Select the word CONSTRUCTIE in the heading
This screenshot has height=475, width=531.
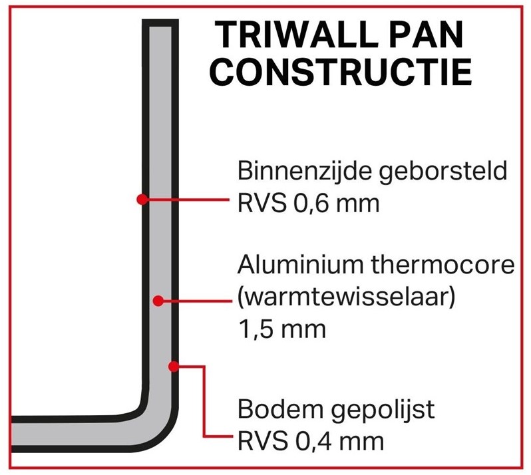click(340, 72)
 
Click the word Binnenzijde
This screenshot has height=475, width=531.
click(304, 171)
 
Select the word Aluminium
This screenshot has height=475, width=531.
click(299, 264)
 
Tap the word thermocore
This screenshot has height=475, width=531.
click(443, 264)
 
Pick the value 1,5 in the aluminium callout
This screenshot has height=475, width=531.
click(255, 329)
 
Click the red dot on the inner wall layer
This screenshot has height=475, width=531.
click(142, 200)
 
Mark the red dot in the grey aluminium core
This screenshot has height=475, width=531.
click(158, 301)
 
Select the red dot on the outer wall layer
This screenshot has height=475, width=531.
click(174, 366)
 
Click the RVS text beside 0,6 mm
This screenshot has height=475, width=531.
click(262, 204)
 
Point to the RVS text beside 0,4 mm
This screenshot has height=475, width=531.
click(262, 442)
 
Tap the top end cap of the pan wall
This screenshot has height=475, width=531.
click(160, 23)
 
